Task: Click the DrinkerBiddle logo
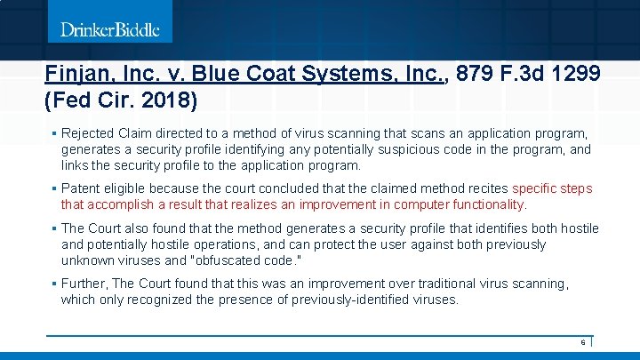click(x=110, y=30)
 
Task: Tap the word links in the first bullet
click(x=76, y=165)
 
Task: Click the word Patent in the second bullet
click(x=81, y=188)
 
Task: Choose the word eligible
click(x=127, y=188)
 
